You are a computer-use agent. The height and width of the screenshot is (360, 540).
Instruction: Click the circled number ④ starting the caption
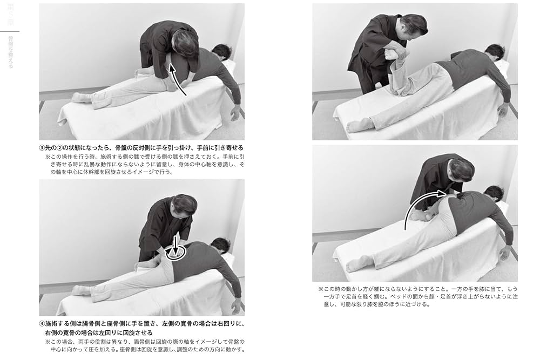42,325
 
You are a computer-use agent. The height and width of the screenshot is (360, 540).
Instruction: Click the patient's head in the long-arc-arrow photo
494,193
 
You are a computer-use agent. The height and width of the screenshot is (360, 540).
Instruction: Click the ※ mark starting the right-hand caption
320,289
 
